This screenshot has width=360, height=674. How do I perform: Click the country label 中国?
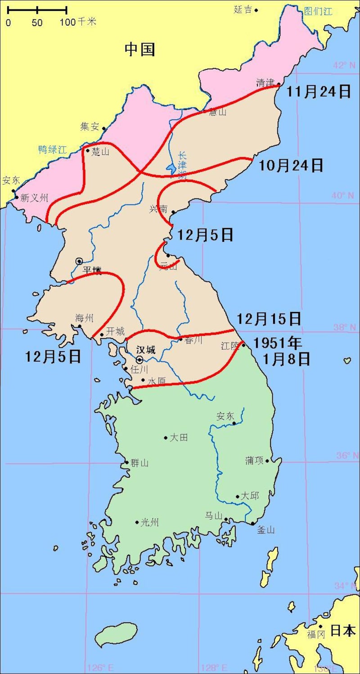click(x=139, y=49)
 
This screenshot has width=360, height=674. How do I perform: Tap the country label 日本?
click(x=343, y=630)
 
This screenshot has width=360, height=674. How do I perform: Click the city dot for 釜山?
click(x=253, y=523)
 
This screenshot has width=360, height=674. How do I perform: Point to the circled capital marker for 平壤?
click(x=79, y=261)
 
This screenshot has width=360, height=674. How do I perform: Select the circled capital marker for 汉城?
click(x=139, y=360)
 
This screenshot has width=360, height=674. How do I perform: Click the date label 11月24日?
click(x=319, y=92)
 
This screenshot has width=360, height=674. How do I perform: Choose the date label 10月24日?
click(x=291, y=166)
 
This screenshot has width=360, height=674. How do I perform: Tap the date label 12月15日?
click(x=269, y=319)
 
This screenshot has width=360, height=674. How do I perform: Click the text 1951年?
click(x=277, y=343)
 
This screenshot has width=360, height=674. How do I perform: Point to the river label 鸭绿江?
click(x=52, y=149)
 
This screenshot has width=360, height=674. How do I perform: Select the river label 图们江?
click(x=318, y=11)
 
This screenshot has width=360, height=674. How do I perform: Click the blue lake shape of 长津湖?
click(x=171, y=169)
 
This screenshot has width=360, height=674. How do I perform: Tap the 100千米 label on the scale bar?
click(x=78, y=22)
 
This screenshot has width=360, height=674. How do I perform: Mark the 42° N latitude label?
click(x=344, y=65)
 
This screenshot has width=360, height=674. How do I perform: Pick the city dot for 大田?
click(x=166, y=438)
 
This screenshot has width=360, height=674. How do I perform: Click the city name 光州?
click(x=150, y=522)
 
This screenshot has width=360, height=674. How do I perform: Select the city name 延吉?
click(x=243, y=9)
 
